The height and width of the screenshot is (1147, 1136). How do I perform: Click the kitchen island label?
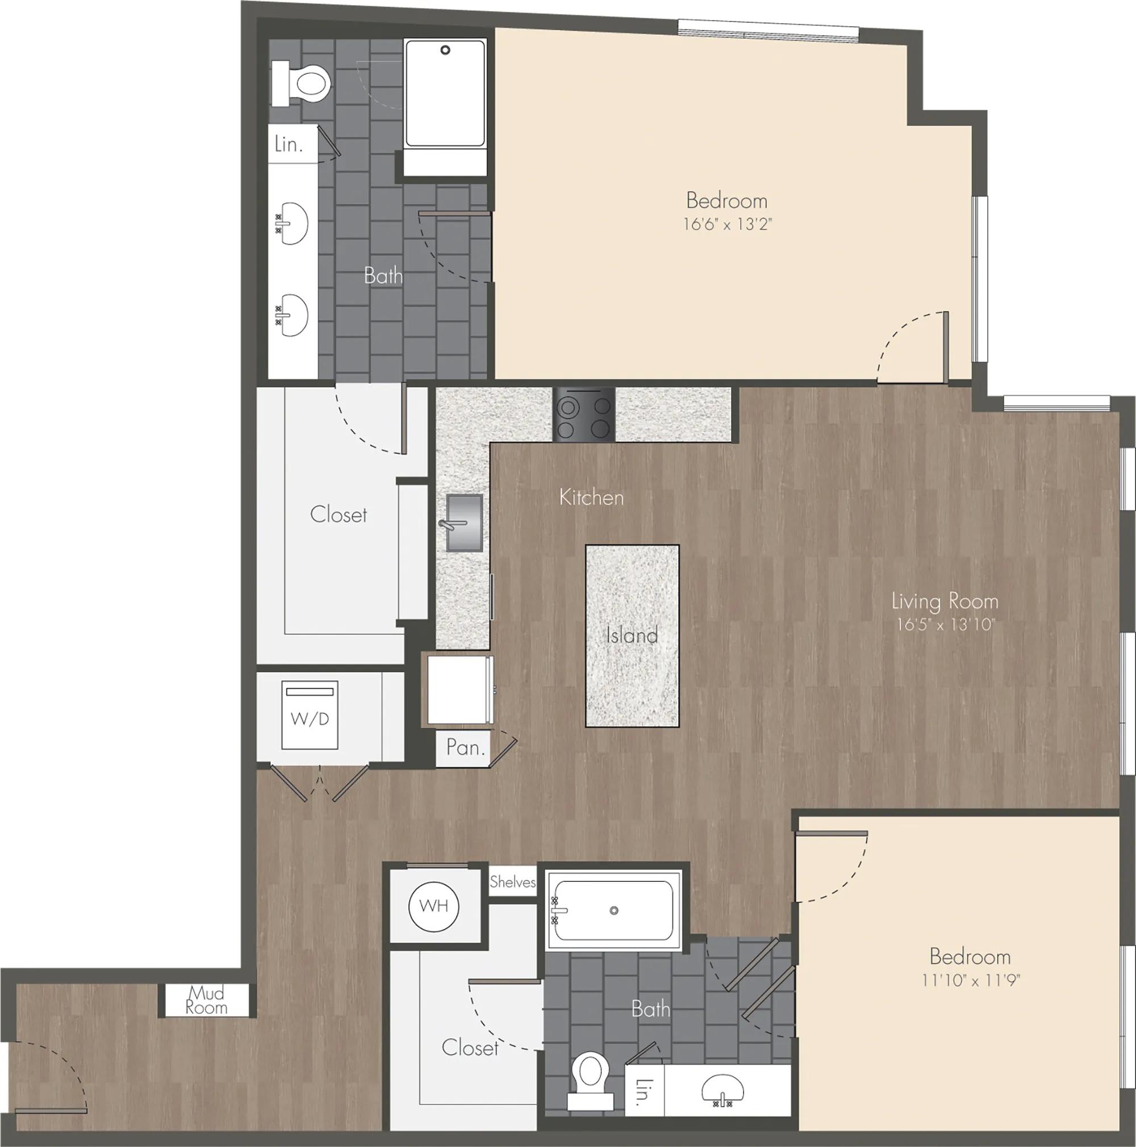[x=632, y=635]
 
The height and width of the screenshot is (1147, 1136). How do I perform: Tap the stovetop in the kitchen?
[x=584, y=415]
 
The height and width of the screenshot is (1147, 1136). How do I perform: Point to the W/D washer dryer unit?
[x=310, y=715]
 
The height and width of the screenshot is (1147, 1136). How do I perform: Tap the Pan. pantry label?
[x=466, y=747]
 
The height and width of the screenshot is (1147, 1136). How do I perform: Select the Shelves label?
[x=512, y=882]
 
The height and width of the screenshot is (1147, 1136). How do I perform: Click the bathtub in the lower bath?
[x=614, y=910]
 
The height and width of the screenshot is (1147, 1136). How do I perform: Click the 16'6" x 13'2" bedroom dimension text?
[x=728, y=224]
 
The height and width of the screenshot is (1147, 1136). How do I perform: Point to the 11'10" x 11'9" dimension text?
[x=970, y=980]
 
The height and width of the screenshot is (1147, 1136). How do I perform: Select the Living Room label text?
[x=945, y=601]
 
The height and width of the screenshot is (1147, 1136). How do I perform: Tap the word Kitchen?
[x=591, y=497]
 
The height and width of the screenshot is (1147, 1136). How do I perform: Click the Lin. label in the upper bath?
[x=289, y=144]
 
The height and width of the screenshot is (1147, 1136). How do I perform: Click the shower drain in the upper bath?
[x=445, y=51]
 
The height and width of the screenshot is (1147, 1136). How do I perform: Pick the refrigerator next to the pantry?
[x=459, y=689]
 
